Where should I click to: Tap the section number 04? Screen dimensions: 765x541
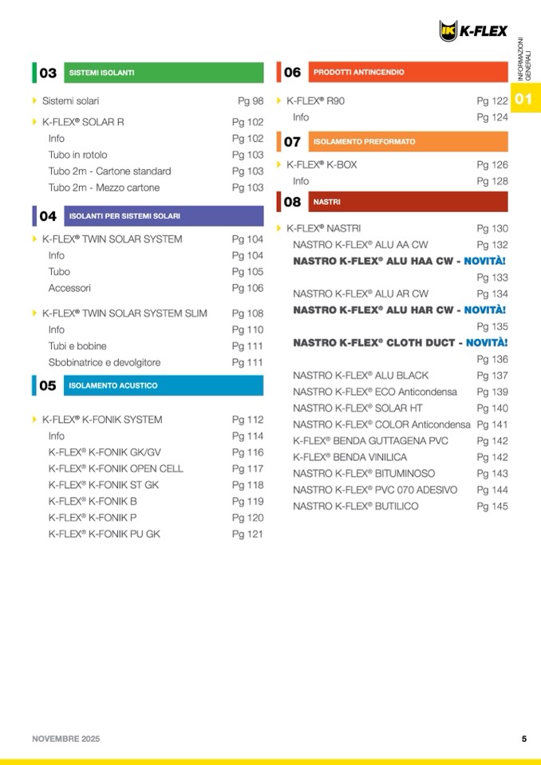point(48,216)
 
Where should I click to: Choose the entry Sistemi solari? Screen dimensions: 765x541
point(70,101)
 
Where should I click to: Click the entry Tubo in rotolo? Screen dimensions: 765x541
point(77,155)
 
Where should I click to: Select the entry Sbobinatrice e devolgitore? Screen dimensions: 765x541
point(104,362)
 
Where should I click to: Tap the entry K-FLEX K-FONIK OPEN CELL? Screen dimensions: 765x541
point(115,468)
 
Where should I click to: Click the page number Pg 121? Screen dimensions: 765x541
point(247,534)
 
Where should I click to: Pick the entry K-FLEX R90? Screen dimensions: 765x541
point(315,101)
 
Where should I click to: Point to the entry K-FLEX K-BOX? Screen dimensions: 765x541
point(322,165)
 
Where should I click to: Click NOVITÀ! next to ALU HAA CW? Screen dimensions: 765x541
point(485,261)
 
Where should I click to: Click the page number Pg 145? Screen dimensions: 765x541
point(492,506)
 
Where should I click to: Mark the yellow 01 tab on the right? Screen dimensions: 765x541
point(524,100)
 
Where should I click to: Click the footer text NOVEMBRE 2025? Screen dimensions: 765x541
point(66,739)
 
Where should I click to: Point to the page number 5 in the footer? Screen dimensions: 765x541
point(523,739)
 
